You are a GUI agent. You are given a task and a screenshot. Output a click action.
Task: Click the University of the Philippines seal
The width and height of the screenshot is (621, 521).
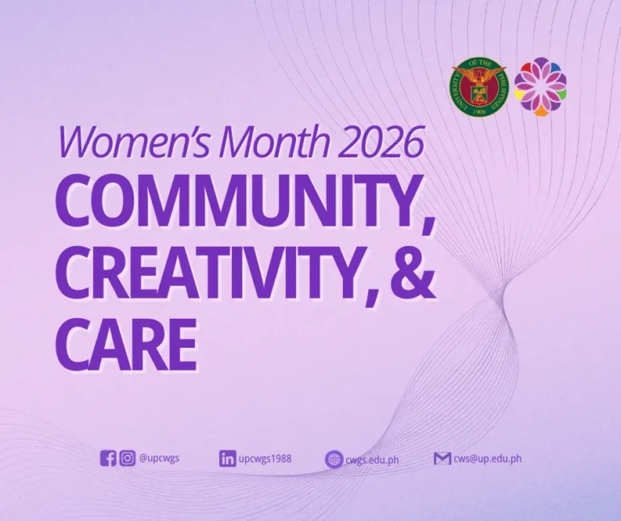(x=479, y=86)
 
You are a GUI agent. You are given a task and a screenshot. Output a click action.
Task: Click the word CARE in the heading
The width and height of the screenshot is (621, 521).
(x=125, y=341)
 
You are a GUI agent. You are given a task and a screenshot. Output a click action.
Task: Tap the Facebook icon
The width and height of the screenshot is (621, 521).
(x=108, y=459)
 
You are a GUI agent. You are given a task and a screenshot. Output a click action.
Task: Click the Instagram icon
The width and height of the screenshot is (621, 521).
(x=128, y=459)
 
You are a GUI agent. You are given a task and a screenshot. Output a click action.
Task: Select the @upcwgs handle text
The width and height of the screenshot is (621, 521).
(x=159, y=459)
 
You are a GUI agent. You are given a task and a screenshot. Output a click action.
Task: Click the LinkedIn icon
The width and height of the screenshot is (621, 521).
(x=227, y=459)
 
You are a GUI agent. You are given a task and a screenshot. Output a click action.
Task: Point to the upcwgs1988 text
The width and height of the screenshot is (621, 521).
(x=265, y=459)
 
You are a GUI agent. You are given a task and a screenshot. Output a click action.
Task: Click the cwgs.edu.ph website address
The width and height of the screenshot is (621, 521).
(x=372, y=460)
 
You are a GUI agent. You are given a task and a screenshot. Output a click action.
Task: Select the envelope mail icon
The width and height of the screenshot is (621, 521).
(x=441, y=459)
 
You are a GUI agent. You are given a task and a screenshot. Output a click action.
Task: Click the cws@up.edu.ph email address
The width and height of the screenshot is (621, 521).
(x=487, y=458)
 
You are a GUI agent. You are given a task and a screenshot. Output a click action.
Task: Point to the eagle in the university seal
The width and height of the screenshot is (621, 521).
(x=479, y=78)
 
